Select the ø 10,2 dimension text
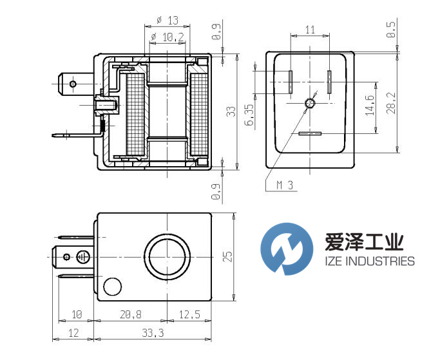pyautogui.click(x=167, y=38)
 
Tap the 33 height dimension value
pyautogui.click(x=232, y=113)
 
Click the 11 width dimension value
pyautogui.click(x=310, y=30)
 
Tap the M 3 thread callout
pyautogui.click(x=285, y=185)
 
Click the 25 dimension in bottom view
pyautogui.click(x=227, y=257)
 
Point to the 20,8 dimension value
pyautogui.click(x=131, y=314)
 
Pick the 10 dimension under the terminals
pyautogui.click(x=77, y=314)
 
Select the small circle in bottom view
pyautogui.click(x=113, y=285)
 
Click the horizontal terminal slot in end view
pyautogui.click(x=310, y=133)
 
